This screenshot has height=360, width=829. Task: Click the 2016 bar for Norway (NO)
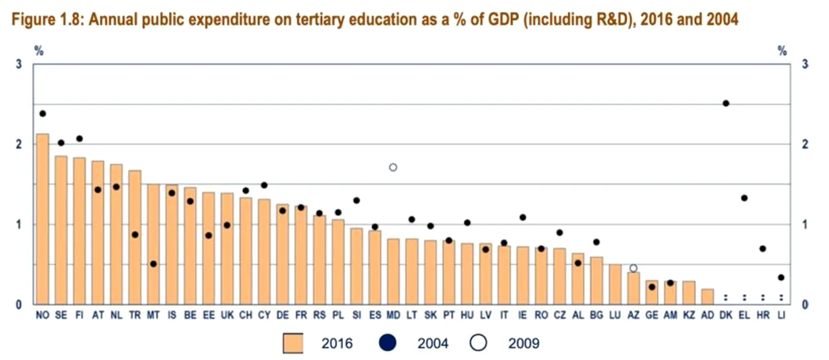click(x=43, y=219)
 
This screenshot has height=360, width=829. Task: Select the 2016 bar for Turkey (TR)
click(x=135, y=237)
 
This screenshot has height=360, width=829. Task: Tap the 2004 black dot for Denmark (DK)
click(x=726, y=103)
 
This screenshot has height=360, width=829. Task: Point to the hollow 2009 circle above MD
click(x=393, y=167)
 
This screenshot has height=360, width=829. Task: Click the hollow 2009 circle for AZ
click(x=634, y=268)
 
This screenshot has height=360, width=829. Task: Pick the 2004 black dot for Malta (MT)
click(x=153, y=264)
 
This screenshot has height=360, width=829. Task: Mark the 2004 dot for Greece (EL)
click(x=744, y=198)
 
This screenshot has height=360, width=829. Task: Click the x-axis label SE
click(x=61, y=315)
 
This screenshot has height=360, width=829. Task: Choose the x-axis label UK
click(x=227, y=315)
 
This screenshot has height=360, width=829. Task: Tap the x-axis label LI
click(x=781, y=315)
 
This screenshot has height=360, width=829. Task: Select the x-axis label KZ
click(x=689, y=315)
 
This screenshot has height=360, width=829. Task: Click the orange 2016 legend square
click(x=293, y=343)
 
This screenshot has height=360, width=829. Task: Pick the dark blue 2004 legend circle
click(x=388, y=343)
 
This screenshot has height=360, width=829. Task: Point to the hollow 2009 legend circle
click(x=478, y=343)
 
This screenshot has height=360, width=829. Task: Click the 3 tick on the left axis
click(x=19, y=64)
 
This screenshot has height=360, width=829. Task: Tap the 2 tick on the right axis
click(x=805, y=144)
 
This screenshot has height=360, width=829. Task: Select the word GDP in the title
click(x=502, y=20)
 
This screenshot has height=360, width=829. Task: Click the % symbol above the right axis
click(x=782, y=50)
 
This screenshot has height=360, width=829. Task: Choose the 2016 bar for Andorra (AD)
click(x=707, y=297)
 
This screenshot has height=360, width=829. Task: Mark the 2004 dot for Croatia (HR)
click(x=763, y=248)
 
